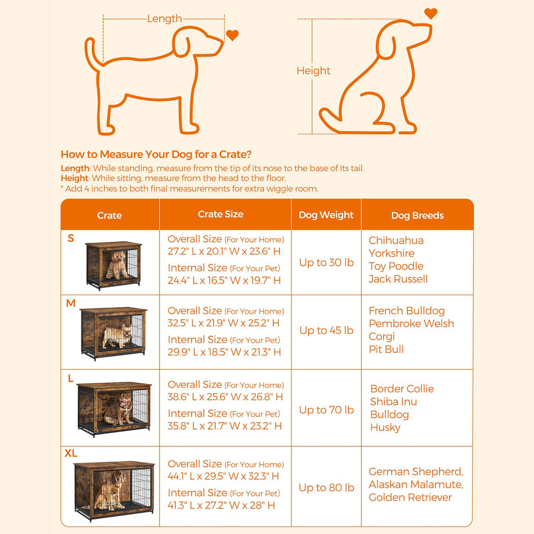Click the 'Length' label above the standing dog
(x=164, y=18)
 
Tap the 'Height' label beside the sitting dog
(x=313, y=70)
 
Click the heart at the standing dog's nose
(x=232, y=35)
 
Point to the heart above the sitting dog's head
(x=431, y=14)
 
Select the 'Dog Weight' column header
(x=326, y=215)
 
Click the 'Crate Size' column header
(x=221, y=214)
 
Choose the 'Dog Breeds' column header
(x=418, y=215)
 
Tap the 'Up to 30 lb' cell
(x=326, y=262)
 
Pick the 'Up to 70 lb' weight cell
(x=326, y=410)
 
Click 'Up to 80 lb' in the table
(x=326, y=488)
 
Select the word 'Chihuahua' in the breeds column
(x=396, y=240)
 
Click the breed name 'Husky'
(x=385, y=428)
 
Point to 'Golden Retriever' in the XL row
(x=410, y=497)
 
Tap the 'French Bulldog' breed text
(x=407, y=311)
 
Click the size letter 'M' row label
(x=71, y=303)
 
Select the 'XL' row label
(x=71, y=453)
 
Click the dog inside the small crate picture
(x=116, y=264)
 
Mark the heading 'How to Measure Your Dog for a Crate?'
(x=156, y=154)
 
